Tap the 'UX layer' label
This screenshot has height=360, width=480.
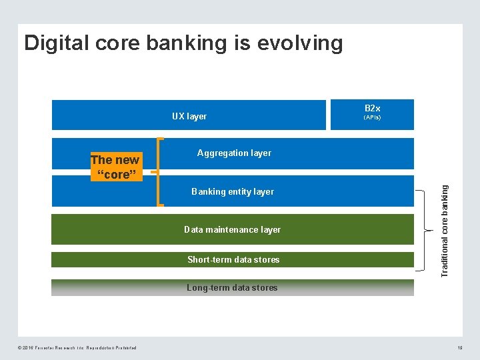[189, 116]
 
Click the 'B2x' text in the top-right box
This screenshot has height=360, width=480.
[372, 108]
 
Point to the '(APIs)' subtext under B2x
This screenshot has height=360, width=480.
[372, 117]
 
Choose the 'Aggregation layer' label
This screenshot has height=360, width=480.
[234, 153]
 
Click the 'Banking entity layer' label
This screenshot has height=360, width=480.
[233, 191]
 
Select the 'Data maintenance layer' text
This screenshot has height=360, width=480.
[233, 229]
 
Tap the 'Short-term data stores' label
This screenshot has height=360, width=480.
[233, 259]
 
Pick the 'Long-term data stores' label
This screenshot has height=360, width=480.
[232, 288]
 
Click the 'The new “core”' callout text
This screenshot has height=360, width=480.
[115, 167]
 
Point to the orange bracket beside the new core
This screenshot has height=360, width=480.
[159, 172]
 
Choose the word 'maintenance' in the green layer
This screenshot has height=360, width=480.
[233, 229]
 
